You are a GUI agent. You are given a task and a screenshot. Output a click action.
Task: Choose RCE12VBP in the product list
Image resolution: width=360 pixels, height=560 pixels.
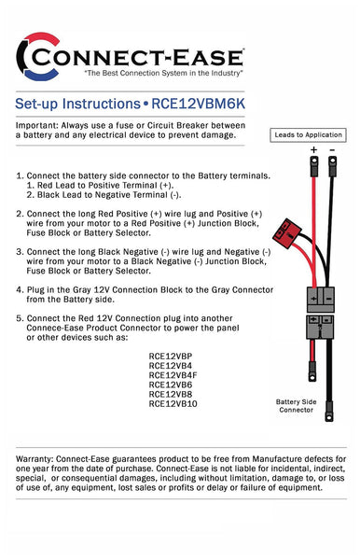click(x=171, y=356)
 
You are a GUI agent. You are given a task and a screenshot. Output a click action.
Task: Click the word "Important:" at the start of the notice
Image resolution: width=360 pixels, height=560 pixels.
click(x=39, y=125)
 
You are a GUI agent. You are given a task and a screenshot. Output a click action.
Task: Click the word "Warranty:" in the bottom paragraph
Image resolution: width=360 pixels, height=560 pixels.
click(x=39, y=462)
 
